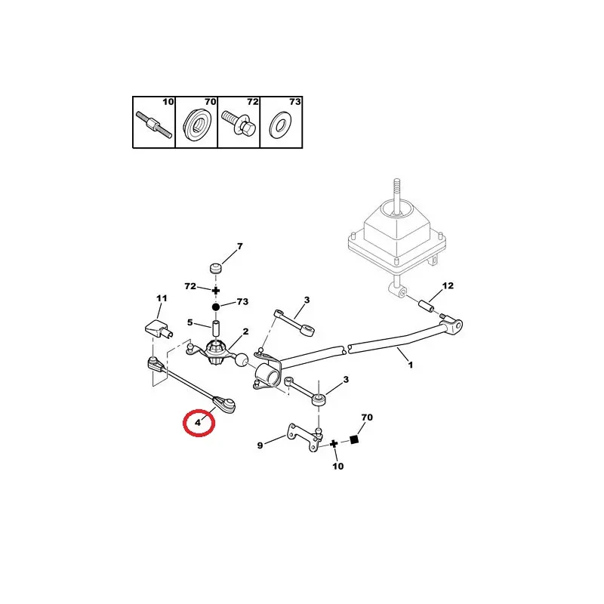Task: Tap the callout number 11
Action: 160,299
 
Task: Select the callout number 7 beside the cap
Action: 240,247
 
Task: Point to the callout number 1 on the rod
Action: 411,365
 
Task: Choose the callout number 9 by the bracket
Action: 260,445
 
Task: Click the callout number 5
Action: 191,323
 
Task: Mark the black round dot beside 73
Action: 215,307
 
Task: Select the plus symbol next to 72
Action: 215,289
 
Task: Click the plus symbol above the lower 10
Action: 333,443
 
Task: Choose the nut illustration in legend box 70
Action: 196,123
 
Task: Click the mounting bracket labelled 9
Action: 297,440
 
